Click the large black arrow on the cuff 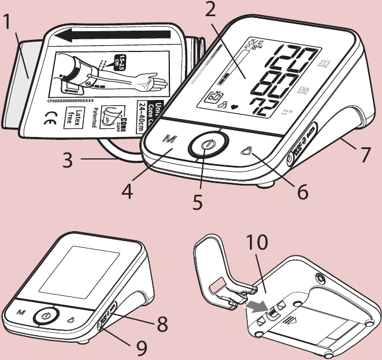tap(116, 36)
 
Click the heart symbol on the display tap(234, 106)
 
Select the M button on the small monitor tap(21, 311)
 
